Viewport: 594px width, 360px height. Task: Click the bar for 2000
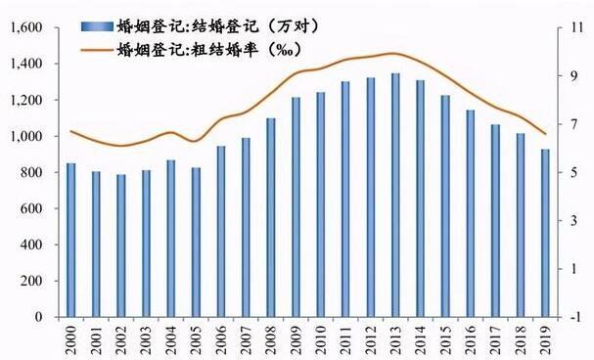coord(69,240)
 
